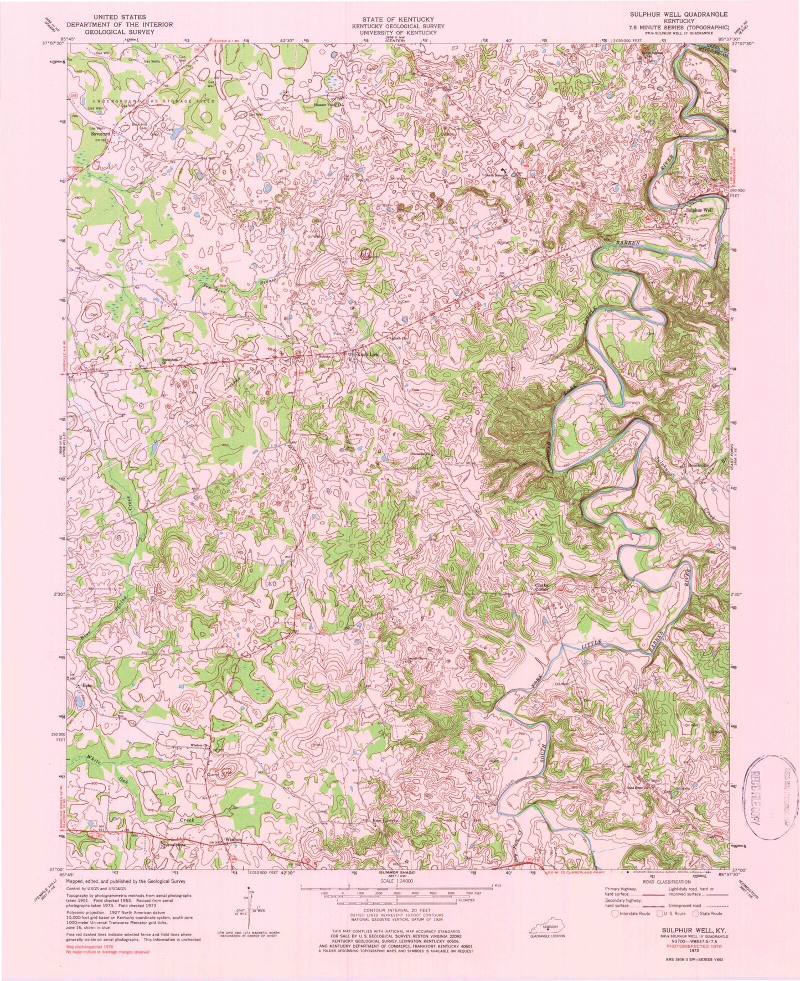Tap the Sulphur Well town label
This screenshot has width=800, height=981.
pos(699,210)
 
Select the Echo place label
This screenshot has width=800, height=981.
pos(86,686)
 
